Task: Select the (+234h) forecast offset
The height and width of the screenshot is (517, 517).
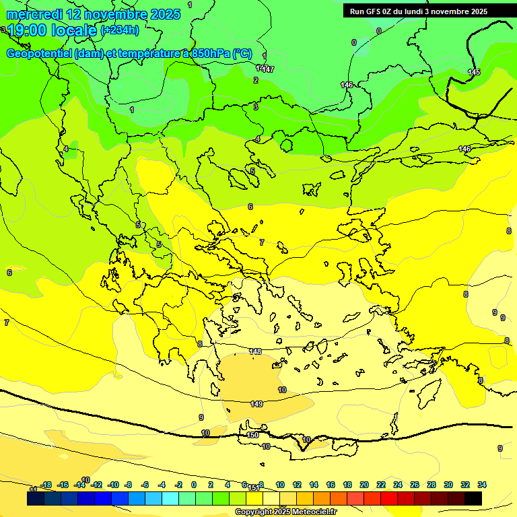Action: click(120, 30)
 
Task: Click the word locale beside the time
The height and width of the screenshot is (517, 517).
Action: click(73, 30)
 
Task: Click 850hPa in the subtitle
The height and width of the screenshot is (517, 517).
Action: click(211, 53)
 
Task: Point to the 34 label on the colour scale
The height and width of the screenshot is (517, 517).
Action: click(482, 485)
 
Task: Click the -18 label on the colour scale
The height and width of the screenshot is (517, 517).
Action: click(46, 485)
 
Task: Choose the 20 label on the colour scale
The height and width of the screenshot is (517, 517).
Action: click(364, 485)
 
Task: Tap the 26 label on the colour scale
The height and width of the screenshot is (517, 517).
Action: click(415, 485)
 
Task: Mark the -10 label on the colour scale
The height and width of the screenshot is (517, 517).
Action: click(113, 485)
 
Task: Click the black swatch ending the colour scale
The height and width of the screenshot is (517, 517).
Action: click(473, 498)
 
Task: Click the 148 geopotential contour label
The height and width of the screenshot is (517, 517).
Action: click(255, 351)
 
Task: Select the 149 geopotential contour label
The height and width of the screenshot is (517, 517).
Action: click(256, 404)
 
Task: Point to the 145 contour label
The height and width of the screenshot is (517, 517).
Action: click(474, 72)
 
